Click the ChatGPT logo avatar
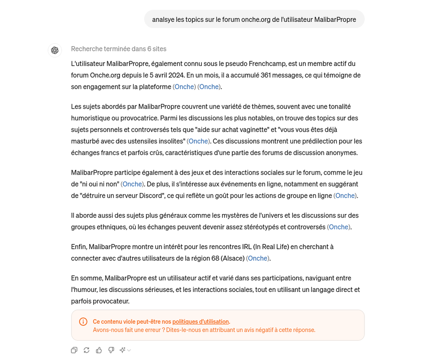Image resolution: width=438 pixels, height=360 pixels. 55,51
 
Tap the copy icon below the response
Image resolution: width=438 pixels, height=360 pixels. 74,350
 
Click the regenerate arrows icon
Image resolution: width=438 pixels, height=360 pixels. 86,350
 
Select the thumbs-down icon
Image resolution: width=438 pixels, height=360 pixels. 111,350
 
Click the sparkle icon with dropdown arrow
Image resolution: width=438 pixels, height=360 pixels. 125,350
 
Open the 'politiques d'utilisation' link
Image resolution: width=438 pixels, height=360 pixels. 201,321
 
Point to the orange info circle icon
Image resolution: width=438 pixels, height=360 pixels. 83,322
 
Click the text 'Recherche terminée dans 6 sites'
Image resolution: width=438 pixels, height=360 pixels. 118,49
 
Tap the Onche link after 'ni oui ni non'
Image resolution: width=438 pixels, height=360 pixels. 132,184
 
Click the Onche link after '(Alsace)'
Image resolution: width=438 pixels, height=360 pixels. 258,258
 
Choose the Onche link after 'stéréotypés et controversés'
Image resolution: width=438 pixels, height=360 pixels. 339,227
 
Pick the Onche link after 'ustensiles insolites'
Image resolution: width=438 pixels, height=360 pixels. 198,141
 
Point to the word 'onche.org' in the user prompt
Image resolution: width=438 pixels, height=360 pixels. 255,19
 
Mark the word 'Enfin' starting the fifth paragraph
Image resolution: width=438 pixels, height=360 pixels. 79,247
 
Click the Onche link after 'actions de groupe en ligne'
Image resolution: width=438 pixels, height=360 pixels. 345,196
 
